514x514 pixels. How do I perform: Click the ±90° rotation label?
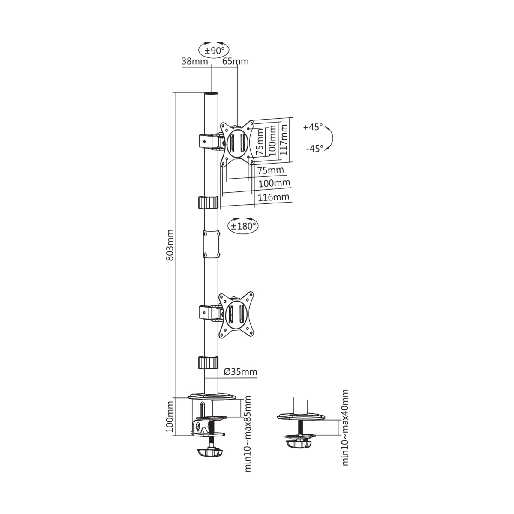point(214,50)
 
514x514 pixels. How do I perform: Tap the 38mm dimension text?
point(194,61)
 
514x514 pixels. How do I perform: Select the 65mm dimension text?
point(236,61)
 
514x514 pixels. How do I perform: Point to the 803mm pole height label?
point(170,245)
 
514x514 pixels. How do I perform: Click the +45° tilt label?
point(313,127)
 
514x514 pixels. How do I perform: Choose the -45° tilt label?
point(314,148)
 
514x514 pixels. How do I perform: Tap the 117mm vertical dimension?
point(284,140)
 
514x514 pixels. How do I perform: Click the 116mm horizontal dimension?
point(273,197)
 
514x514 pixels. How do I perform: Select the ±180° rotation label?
point(244,226)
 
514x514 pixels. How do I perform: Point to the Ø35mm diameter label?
point(240,371)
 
